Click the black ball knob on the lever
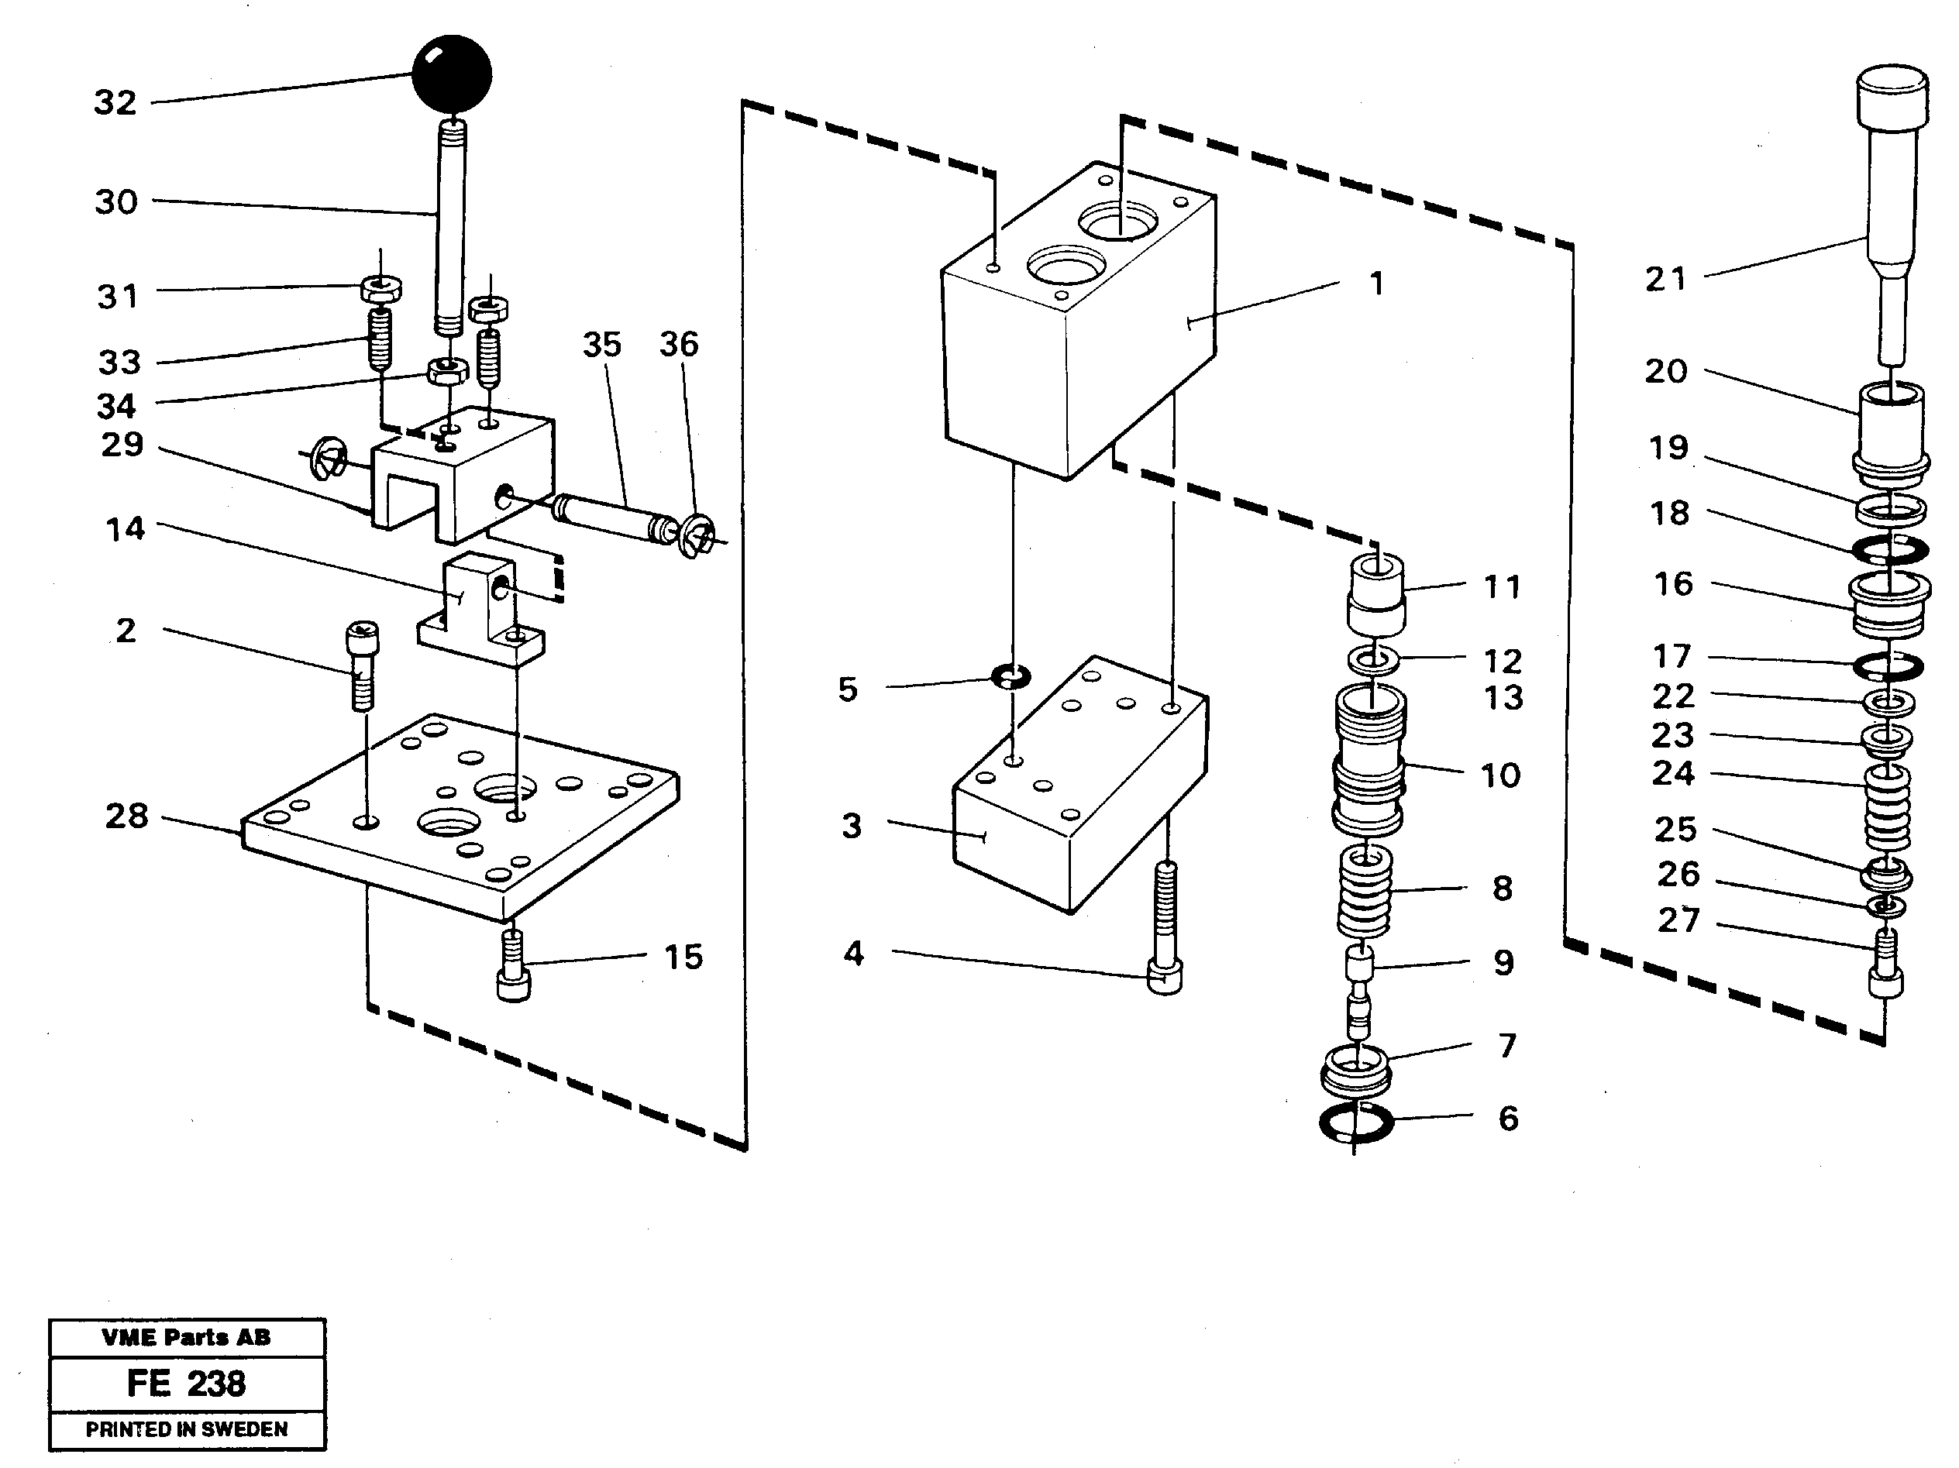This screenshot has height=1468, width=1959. point(452,74)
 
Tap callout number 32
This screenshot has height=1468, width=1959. point(115,103)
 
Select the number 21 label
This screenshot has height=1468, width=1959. point(1666,280)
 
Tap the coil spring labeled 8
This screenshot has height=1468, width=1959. point(1365,892)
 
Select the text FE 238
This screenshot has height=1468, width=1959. point(186,1383)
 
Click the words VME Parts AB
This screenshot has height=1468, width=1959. point(186,1337)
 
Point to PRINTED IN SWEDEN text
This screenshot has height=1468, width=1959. point(186,1429)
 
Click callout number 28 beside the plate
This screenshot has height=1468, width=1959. point(126,816)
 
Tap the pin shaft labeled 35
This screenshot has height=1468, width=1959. point(611,519)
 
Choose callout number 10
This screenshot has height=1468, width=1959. point(1500,775)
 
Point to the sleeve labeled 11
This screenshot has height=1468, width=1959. point(1375,593)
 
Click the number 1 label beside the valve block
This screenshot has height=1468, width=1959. point(1376,284)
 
